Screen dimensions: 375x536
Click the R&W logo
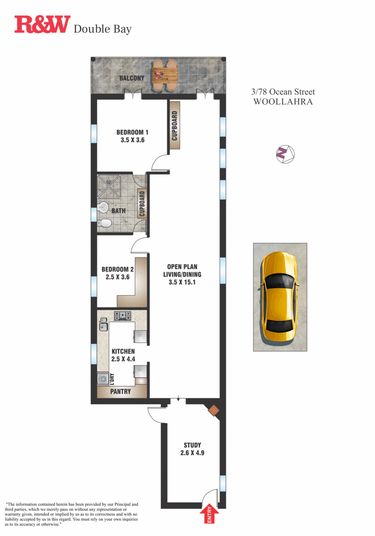(x=42, y=24)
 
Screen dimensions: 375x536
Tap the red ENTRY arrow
(x=209, y=514)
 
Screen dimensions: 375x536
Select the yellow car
(x=280, y=297)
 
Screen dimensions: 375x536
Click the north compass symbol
(x=285, y=154)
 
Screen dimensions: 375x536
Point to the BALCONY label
(x=132, y=78)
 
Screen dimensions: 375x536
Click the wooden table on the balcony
(x=165, y=74)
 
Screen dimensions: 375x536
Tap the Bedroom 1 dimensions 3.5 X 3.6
(x=132, y=140)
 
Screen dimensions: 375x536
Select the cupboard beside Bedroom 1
(x=175, y=125)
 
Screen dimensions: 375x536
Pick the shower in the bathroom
(x=109, y=186)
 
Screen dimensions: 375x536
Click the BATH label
(x=118, y=211)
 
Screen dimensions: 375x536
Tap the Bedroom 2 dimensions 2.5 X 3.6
(x=117, y=277)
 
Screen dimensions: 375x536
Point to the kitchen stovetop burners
(x=123, y=316)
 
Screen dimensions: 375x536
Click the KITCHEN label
(x=123, y=351)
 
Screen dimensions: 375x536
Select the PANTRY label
(x=121, y=392)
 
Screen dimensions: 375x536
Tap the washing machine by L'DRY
(x=103, y=379)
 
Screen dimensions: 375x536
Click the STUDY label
(x=192, y=445)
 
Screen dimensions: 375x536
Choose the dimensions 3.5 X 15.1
(x=182, y=282)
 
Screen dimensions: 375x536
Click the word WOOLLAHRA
(x=283, y=102)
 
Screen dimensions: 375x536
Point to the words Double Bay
(x=102, y=29)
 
